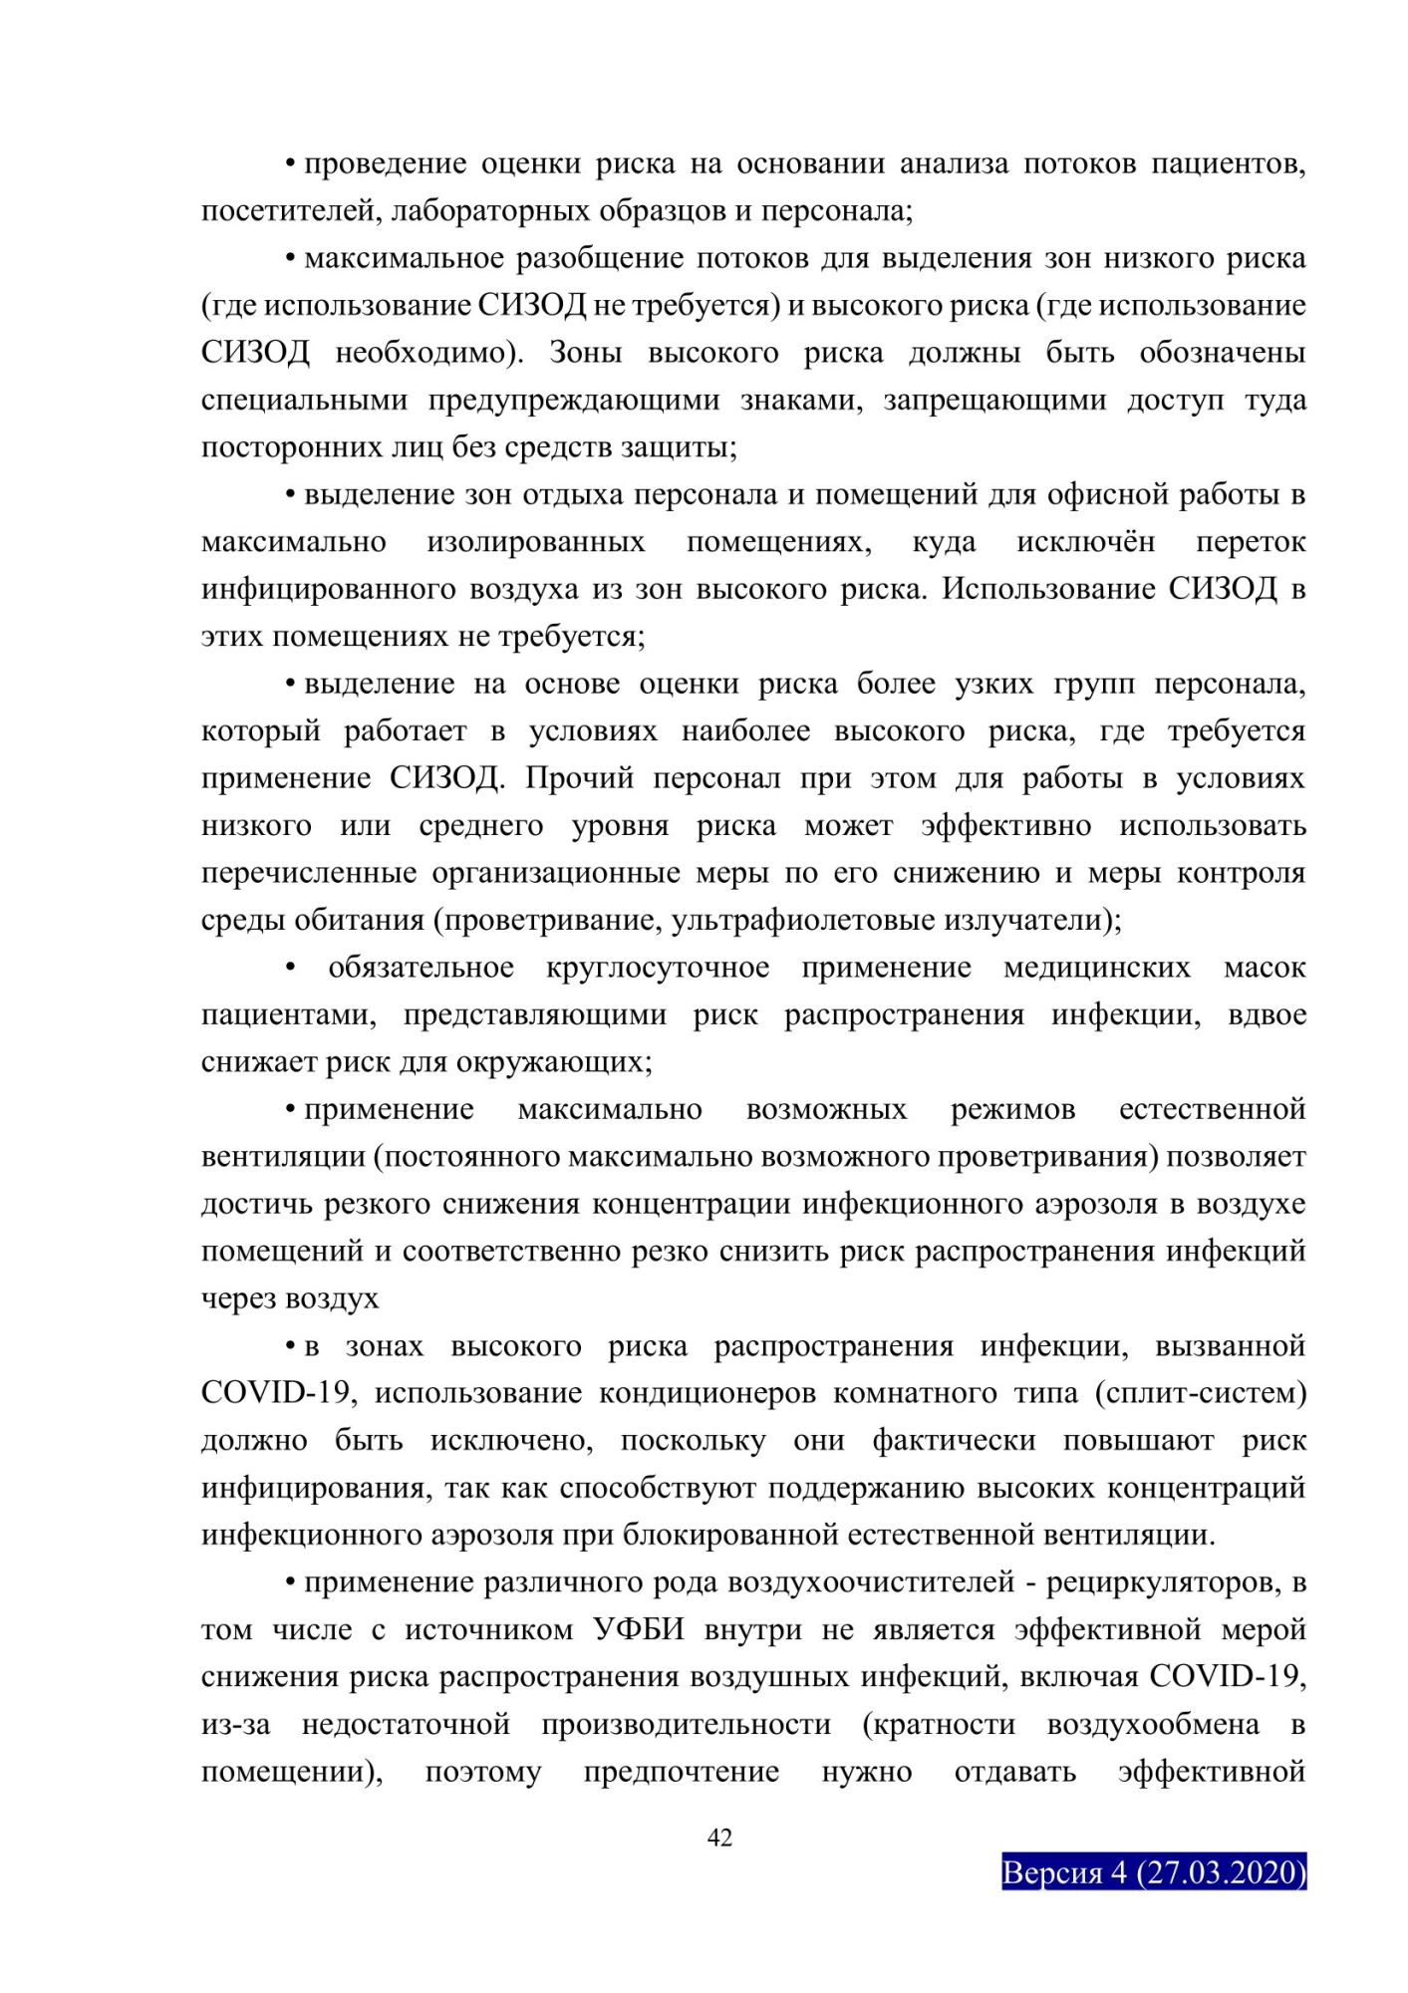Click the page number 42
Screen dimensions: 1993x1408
(719, 1837)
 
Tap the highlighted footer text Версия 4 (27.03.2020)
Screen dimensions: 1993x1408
(1154, 1871)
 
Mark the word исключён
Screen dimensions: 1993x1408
(1085, 542)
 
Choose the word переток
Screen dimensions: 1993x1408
(1251, 542)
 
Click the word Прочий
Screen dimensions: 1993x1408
(579, 778)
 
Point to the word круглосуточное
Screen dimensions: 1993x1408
(658, 968)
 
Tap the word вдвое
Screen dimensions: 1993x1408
(1267, 1014)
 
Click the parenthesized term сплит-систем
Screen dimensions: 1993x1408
(1200, 1393)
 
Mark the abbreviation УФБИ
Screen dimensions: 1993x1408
(639, 1629)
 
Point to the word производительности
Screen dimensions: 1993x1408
(686, 1724)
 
